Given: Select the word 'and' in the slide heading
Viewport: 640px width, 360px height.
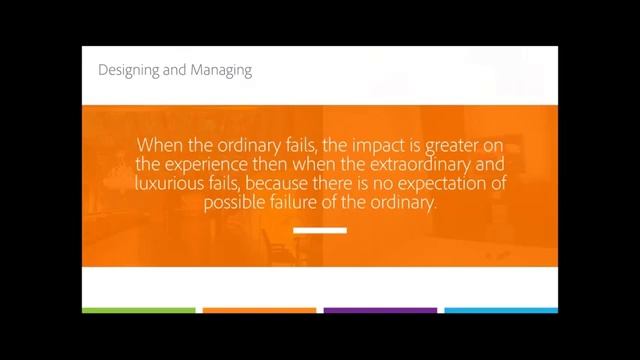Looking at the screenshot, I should (x=174, y=70).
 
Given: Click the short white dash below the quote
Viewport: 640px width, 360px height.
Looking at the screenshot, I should (x=320, y=231).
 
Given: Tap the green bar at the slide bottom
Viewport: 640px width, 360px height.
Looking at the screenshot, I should (x=139, y=310).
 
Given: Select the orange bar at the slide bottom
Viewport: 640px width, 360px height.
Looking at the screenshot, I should (x=259, y=310).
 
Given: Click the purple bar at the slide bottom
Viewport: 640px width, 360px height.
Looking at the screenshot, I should (x=380, y=310).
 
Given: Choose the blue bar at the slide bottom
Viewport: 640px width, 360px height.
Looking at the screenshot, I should (x=500, y=310).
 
